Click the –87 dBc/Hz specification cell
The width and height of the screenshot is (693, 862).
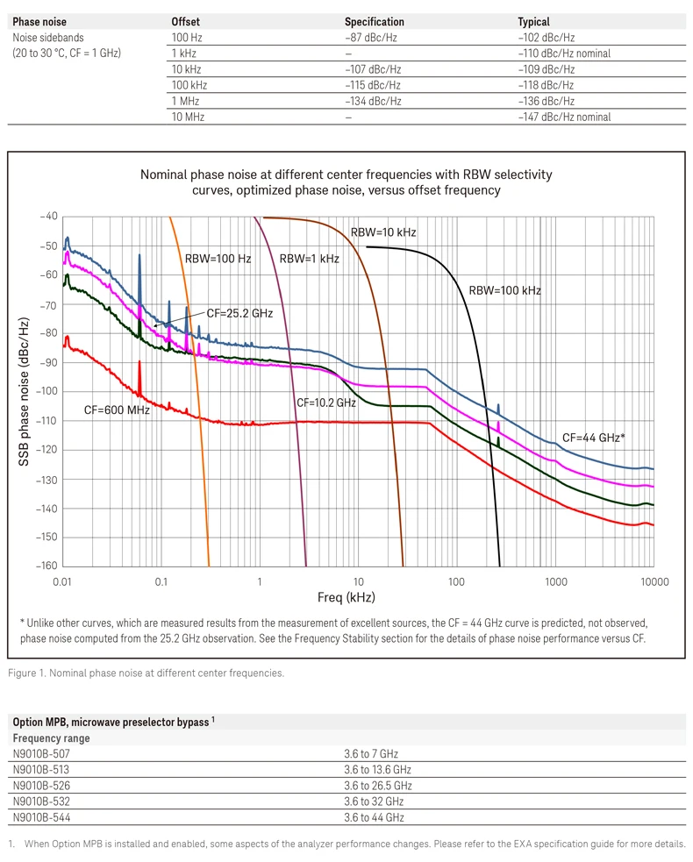click(372, 38)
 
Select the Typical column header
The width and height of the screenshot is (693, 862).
click(533, 22)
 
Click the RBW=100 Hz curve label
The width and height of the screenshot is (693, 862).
click(218, 259)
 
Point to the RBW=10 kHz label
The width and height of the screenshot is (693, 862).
click(383, 232)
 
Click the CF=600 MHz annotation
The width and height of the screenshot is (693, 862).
click(117, 410)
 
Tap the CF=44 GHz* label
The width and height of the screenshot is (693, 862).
click(593, 438)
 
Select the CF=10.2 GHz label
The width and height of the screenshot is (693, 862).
click(325, 403)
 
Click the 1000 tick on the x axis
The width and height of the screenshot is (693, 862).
click(554, 581)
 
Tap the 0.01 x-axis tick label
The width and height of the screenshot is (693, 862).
click(62, 581)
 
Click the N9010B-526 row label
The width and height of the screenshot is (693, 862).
click(42, 786)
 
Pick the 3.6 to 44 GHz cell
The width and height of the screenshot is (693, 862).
click(374, 817)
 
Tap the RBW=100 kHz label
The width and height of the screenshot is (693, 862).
click(504, 290)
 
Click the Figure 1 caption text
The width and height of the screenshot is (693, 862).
click(146, 673)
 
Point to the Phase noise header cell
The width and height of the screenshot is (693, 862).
click(39, 22)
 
